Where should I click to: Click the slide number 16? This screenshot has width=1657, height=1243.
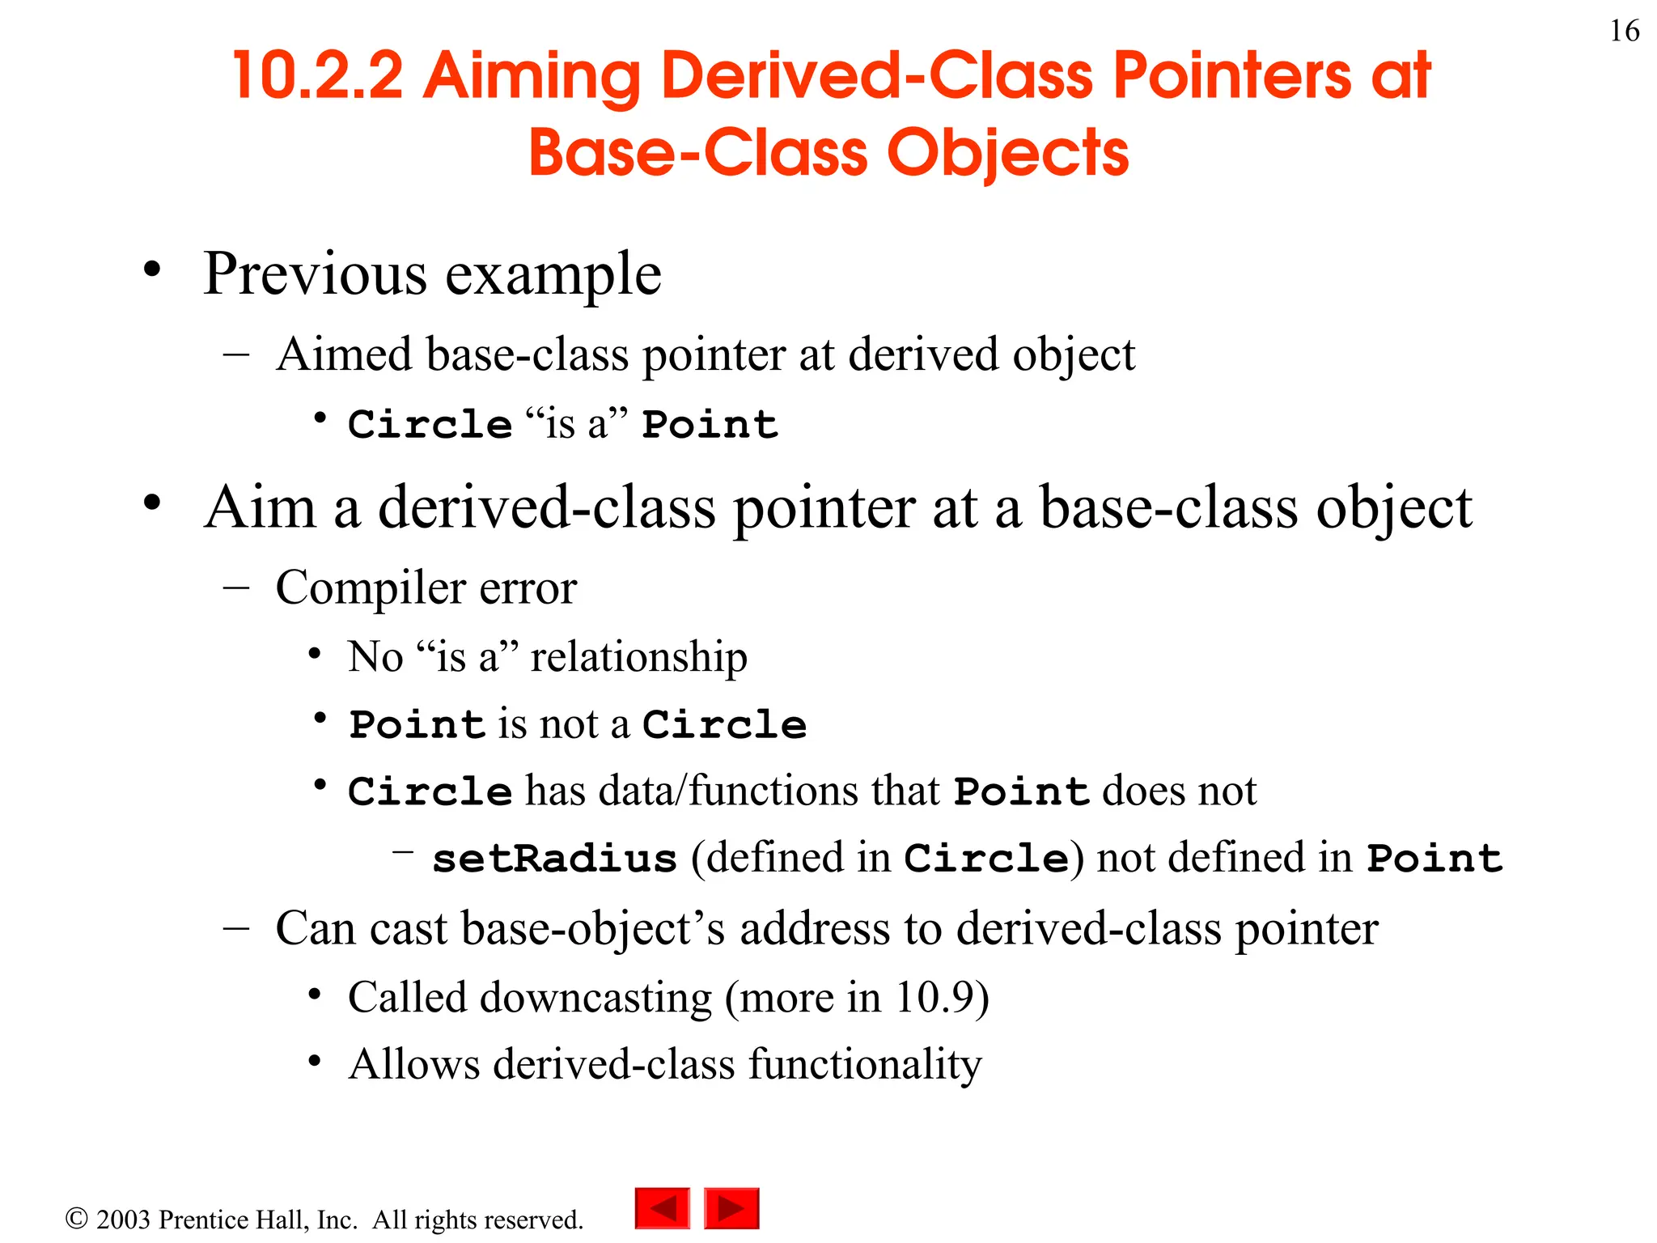pyautogui.click(x=1624, y=31)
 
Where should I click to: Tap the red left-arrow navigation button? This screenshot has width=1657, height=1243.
pyautogui.click(x=663, y=1208)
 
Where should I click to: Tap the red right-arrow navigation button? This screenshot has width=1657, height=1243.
pyautogui.click(x=731, y=1208)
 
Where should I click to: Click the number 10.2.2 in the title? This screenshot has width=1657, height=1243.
pyautogui.click(x=317, y=76)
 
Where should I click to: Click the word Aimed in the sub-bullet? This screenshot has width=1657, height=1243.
pyautogui.click(x=344, y=354)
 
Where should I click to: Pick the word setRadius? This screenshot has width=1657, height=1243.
pyautogui.click(x=554, y=859)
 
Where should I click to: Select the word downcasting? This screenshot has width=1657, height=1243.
pyautogui.click(x=595, y=997)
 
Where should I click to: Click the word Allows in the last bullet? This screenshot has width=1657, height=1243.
pyautogui.click(x=414, y=1064)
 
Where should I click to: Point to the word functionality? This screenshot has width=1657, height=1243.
pyautogui.click(x=864, y=1064)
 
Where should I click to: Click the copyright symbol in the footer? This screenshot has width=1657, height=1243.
pyautogui.click(x=76, y=1218)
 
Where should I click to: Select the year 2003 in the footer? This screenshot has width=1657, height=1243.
pyautogui.click(x=123, y=1220)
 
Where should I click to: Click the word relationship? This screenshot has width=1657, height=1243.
pyautogui.click(x=638, y=656)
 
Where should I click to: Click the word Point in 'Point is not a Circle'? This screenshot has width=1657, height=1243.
pyautogui.click(x=417, y=724)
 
